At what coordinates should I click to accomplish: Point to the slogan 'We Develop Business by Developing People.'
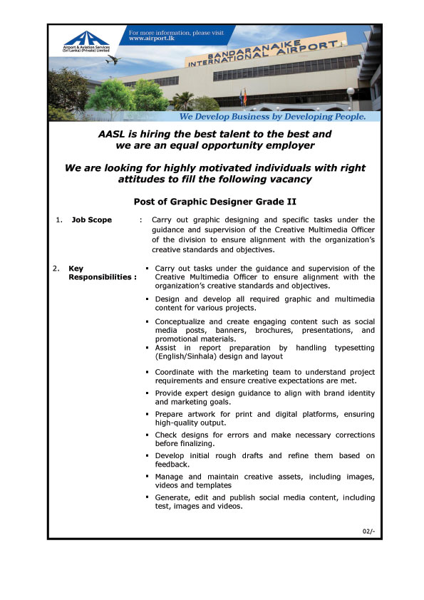pyautogui.click(x=272, y=115)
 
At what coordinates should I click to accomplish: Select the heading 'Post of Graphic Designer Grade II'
pyautogui.click(x=215, y=201)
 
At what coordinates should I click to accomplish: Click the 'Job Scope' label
pyautogui.click(x=92, y=219)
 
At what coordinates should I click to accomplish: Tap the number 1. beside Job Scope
pyautogui.click(x=60, y=219)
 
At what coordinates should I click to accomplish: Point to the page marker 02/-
pyautogui.click(x=368, y=531)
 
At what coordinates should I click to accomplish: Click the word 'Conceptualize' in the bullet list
pyautogui.click(x=182, y=322)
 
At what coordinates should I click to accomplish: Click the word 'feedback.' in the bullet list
pyautogui.click(x=172, y=464)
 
